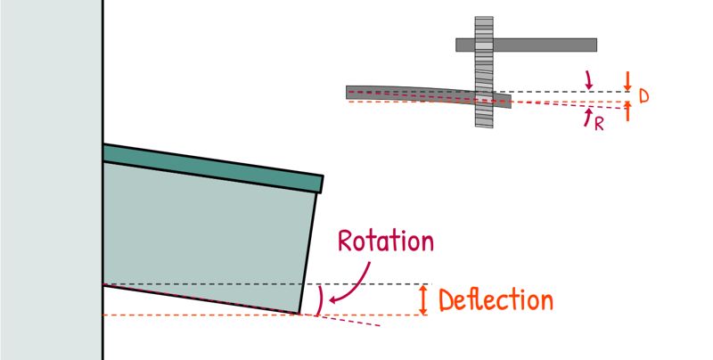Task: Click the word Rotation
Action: (x=386, y=241)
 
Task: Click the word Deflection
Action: (x=496, y=300)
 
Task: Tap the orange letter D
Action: (x=643, y=96)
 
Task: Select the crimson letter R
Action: (x=599, y=124)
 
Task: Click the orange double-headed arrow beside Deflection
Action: (x=423, y=299)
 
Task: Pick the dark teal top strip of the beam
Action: (x=213, y=168)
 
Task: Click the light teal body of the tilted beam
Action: (x=205, y=236)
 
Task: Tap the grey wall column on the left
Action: (x=52, y=180)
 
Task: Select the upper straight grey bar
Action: (x=526, y=45)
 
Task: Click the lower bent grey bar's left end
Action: (x=347, y=93)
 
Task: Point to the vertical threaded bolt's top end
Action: (x=484, y=17)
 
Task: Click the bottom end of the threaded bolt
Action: (x=484, y=127)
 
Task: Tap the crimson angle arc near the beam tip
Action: (x=321, y=299)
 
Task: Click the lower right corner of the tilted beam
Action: (x=299, y=314)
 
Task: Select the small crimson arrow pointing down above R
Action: (x=588, y=80)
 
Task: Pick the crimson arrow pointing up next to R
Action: (x=588, y=117)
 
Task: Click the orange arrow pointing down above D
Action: (x=627, y=81)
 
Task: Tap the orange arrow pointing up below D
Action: (x=627, y=111)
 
